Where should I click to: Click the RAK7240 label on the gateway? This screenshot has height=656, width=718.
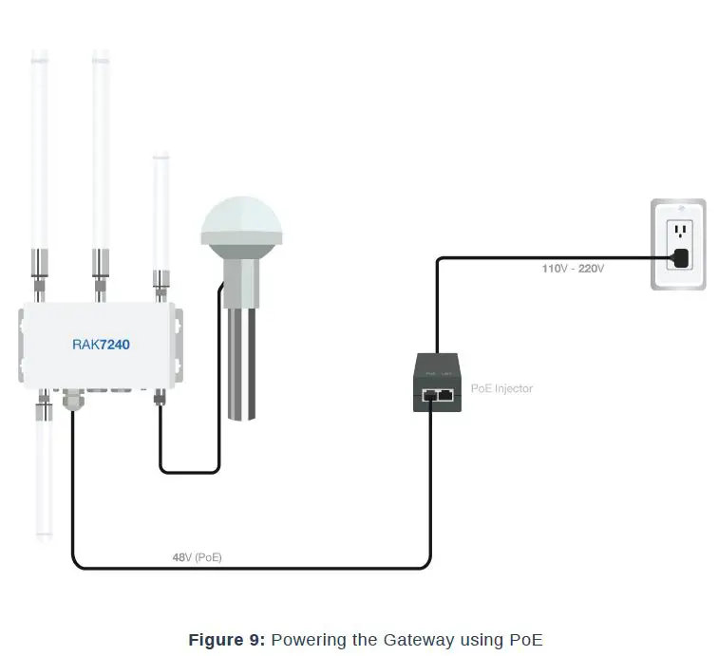[101, 345]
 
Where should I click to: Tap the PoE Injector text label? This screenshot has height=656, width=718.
[501, 388]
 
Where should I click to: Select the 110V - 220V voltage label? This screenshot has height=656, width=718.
[573, 269]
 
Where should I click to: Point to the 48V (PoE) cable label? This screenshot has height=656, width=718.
[197, 557]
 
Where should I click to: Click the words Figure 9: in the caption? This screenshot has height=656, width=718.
[227, 640]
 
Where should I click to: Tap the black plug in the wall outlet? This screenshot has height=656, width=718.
[680, 257]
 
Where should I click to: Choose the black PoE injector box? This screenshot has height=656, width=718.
[437, 382]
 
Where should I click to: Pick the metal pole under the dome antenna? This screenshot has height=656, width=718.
[241, 365]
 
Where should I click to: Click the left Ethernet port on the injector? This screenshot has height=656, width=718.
[429, 393]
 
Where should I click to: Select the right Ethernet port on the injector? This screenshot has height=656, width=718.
[444, 393]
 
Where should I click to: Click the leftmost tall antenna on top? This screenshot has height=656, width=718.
[39, 152]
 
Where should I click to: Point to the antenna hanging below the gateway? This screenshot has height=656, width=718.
[44, 475]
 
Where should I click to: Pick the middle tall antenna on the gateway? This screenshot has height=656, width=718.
[100, 152]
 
